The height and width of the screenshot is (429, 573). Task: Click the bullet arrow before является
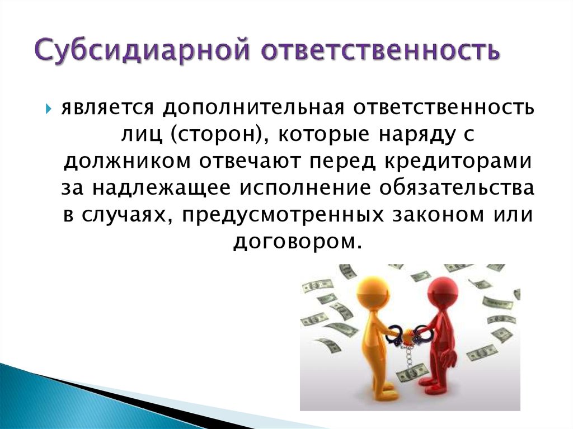pos(49,108)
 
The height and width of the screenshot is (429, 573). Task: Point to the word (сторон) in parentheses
pos(208,134)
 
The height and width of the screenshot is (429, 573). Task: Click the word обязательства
pos(457,188)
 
